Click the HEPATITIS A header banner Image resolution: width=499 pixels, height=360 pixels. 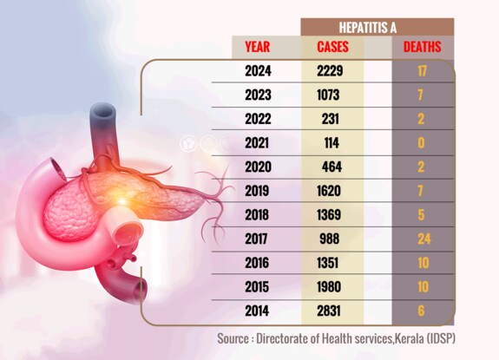tap(376, 27)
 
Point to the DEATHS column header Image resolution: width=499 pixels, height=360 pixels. tap(422, 47)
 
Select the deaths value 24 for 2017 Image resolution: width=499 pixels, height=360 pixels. tap(422, 236)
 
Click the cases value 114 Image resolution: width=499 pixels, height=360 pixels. tap(333, 141)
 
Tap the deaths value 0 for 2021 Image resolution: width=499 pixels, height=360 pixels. tap(422, 141)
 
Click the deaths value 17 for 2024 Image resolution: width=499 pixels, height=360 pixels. tap(422, 72)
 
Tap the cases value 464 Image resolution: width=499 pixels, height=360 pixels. tap(333, 165)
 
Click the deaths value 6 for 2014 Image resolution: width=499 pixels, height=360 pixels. tap(422, 306)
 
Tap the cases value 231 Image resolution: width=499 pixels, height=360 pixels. tap(333, 118)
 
